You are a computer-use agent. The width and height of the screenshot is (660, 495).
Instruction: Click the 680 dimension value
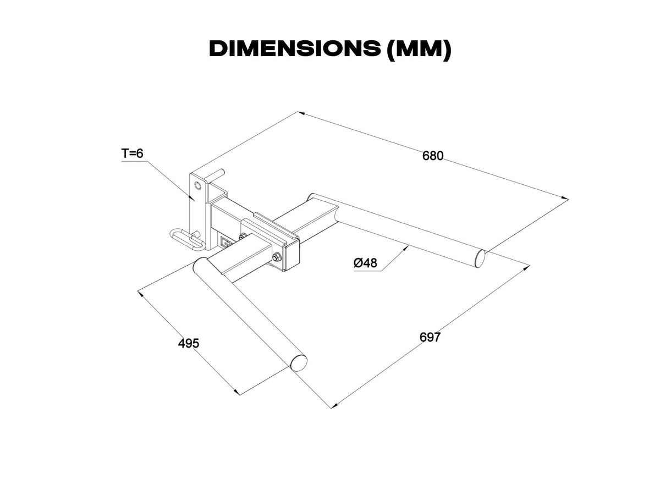432,156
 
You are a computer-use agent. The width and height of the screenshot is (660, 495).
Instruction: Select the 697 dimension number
430,337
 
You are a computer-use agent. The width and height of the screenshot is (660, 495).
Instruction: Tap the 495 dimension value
189,343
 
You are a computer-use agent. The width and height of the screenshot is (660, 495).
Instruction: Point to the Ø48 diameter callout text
365,263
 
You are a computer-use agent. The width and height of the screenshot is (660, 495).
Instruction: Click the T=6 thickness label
132,153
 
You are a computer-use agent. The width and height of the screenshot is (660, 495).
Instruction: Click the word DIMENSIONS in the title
294,50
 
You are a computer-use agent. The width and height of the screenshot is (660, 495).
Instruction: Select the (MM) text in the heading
419,50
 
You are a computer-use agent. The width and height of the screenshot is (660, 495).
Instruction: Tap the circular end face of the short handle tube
299,362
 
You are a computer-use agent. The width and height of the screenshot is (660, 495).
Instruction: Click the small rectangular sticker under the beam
225,242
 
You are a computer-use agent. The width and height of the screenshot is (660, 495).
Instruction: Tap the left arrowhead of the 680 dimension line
301,114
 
